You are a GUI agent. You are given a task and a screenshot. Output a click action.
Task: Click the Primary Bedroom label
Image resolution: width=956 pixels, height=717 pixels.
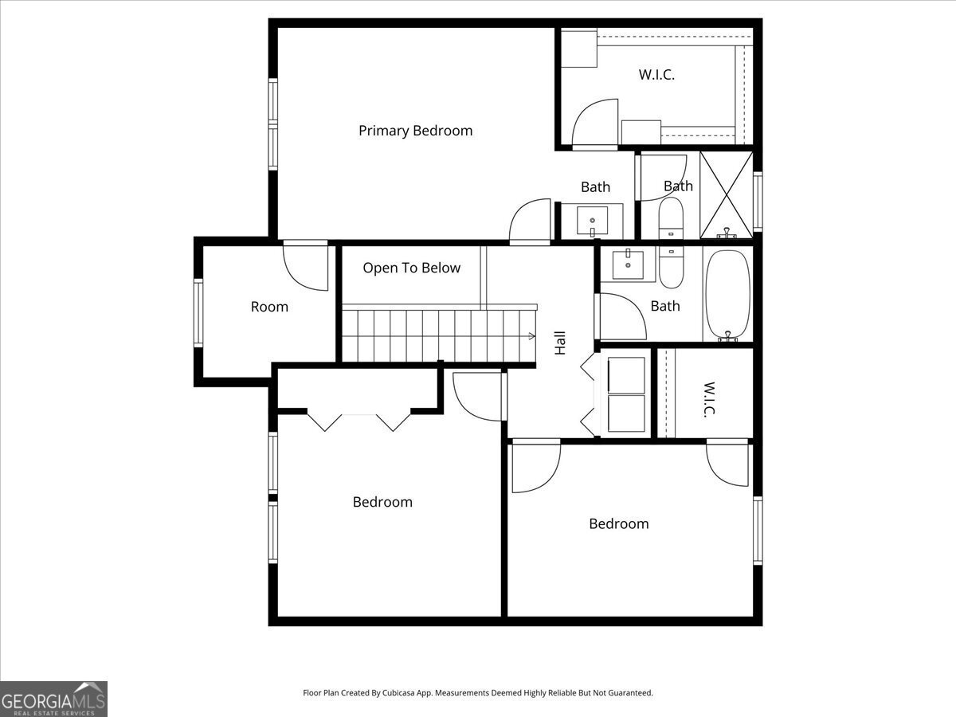click(x=416, y=131)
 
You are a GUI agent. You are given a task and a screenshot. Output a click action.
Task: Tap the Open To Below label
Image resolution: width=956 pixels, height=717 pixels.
click(x=412, y=268)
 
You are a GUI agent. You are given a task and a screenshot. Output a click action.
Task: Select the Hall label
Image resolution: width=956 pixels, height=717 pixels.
click(x=560, y=343)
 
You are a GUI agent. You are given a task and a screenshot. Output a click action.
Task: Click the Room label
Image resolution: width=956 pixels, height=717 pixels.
click(x=269, y=307)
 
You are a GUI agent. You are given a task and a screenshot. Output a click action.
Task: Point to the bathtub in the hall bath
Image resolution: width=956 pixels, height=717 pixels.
click(x=728, y=295)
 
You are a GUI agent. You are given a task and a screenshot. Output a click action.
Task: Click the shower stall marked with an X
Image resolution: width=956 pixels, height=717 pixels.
click(x=727, y=194)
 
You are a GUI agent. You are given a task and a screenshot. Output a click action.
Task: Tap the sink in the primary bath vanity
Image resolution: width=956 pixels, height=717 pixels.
click(x=593, y=221)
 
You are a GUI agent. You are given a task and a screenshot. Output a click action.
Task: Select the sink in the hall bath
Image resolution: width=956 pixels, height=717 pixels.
click(x=628, y=264)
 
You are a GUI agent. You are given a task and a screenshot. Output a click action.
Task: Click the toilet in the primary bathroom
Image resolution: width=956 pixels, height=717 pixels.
click(x=671, y=218)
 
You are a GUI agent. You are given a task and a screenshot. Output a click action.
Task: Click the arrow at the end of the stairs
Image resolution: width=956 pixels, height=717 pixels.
click(x=532, y=335)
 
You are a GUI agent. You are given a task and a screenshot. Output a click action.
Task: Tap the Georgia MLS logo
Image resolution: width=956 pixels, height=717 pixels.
click(x=53, y=699)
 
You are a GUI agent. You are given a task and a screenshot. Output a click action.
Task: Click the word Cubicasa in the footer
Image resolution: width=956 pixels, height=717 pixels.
click(x=398, y=692)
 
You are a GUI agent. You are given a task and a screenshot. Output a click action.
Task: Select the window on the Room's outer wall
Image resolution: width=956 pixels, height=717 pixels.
click(x=198, y=313)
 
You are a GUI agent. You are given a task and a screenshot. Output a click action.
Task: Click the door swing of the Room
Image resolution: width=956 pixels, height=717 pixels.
click(x=306, y=265)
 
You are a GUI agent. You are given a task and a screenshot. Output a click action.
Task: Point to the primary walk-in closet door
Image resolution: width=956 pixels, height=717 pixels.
click(x=595, y=124)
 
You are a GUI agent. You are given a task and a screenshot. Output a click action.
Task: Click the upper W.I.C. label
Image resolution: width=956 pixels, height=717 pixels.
click(x=656, y=75)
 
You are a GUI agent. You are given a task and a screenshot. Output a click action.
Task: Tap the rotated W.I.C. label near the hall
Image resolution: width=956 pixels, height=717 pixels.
click(x=710, y=400)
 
